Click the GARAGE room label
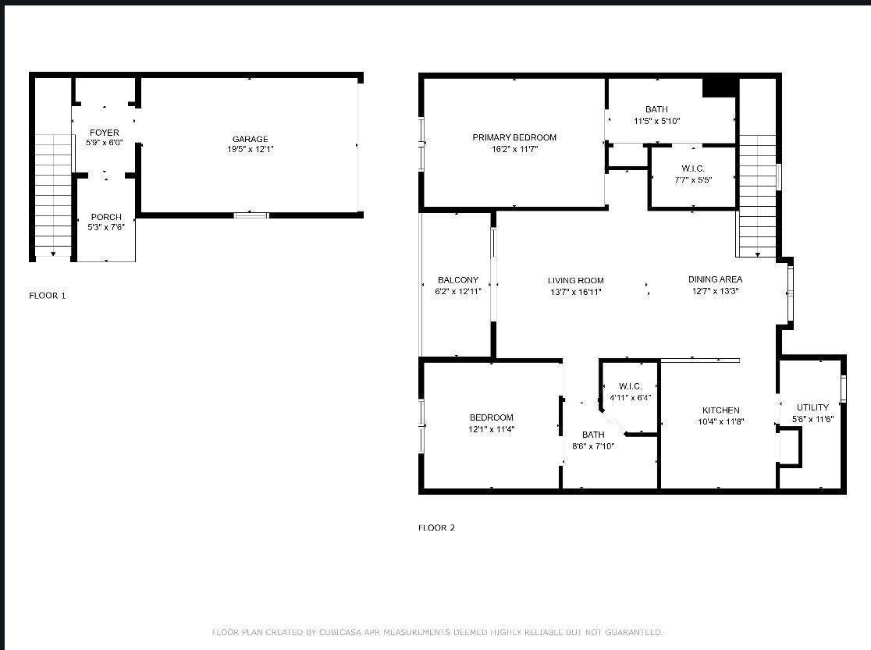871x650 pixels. (250, 139)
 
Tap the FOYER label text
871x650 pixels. (105, 133)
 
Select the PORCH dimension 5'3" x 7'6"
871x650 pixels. (106, 227)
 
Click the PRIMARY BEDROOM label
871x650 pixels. (514, 137)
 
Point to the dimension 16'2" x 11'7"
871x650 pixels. (514, 149)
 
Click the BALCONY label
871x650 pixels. (457, 280)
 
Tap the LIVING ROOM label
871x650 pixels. (575, 281)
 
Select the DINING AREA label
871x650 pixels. (715, 279)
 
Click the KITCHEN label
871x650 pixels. (720, 410)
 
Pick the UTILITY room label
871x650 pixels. (812, 407)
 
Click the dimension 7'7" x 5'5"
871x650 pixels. (693, 180)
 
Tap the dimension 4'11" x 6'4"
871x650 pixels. (630, 398)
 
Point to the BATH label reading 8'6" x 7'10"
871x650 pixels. (593, 435)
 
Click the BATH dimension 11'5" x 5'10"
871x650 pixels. (656, 121)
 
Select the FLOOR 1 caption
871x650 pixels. (47, 296)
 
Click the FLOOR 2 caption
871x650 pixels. (436, 527)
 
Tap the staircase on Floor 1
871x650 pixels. (53, 195)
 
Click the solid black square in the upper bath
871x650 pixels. (720, 87)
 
